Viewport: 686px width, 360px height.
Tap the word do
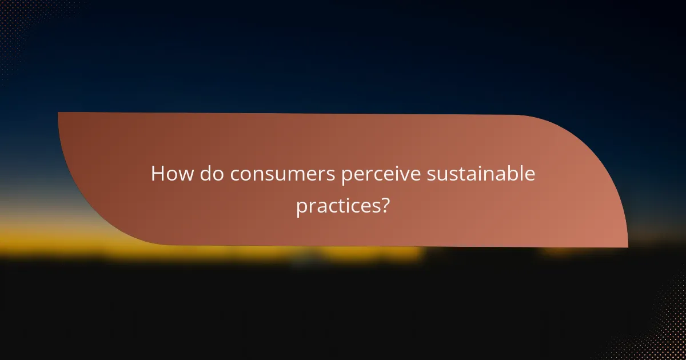(x=213, y=174)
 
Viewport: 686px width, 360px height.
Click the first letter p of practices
(x=301, y=208)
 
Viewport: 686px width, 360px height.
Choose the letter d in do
(x=206, y=174)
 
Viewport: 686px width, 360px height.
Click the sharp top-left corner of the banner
(x=59, y=113)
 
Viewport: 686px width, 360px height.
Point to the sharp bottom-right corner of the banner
(x=627, y=246)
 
